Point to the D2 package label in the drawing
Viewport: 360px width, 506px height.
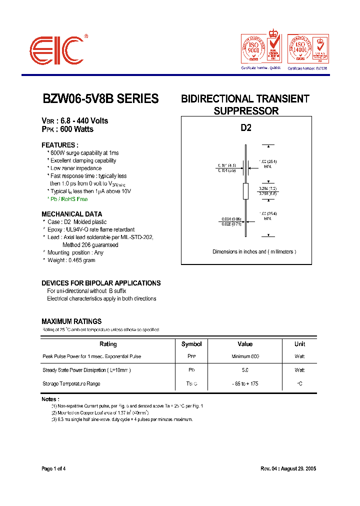(246, 128)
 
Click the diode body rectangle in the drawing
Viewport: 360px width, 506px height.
(245, 190)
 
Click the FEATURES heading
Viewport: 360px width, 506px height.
(59, 145)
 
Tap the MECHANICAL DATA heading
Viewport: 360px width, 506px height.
(71, 214)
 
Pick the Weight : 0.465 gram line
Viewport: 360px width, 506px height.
(71, 260)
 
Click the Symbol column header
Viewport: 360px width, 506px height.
(191, 344)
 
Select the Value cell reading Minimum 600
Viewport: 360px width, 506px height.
(245, 356)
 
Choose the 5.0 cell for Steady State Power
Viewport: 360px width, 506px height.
(245, 370)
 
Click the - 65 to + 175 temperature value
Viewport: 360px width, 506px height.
(245, 383)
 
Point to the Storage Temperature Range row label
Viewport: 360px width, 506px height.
(71, 383)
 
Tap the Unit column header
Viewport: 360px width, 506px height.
(299, 344)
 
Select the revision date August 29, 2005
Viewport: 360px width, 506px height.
(298, 468)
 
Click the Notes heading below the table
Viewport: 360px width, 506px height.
(50, 399)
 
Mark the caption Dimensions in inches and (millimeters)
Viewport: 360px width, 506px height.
(254, 251)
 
